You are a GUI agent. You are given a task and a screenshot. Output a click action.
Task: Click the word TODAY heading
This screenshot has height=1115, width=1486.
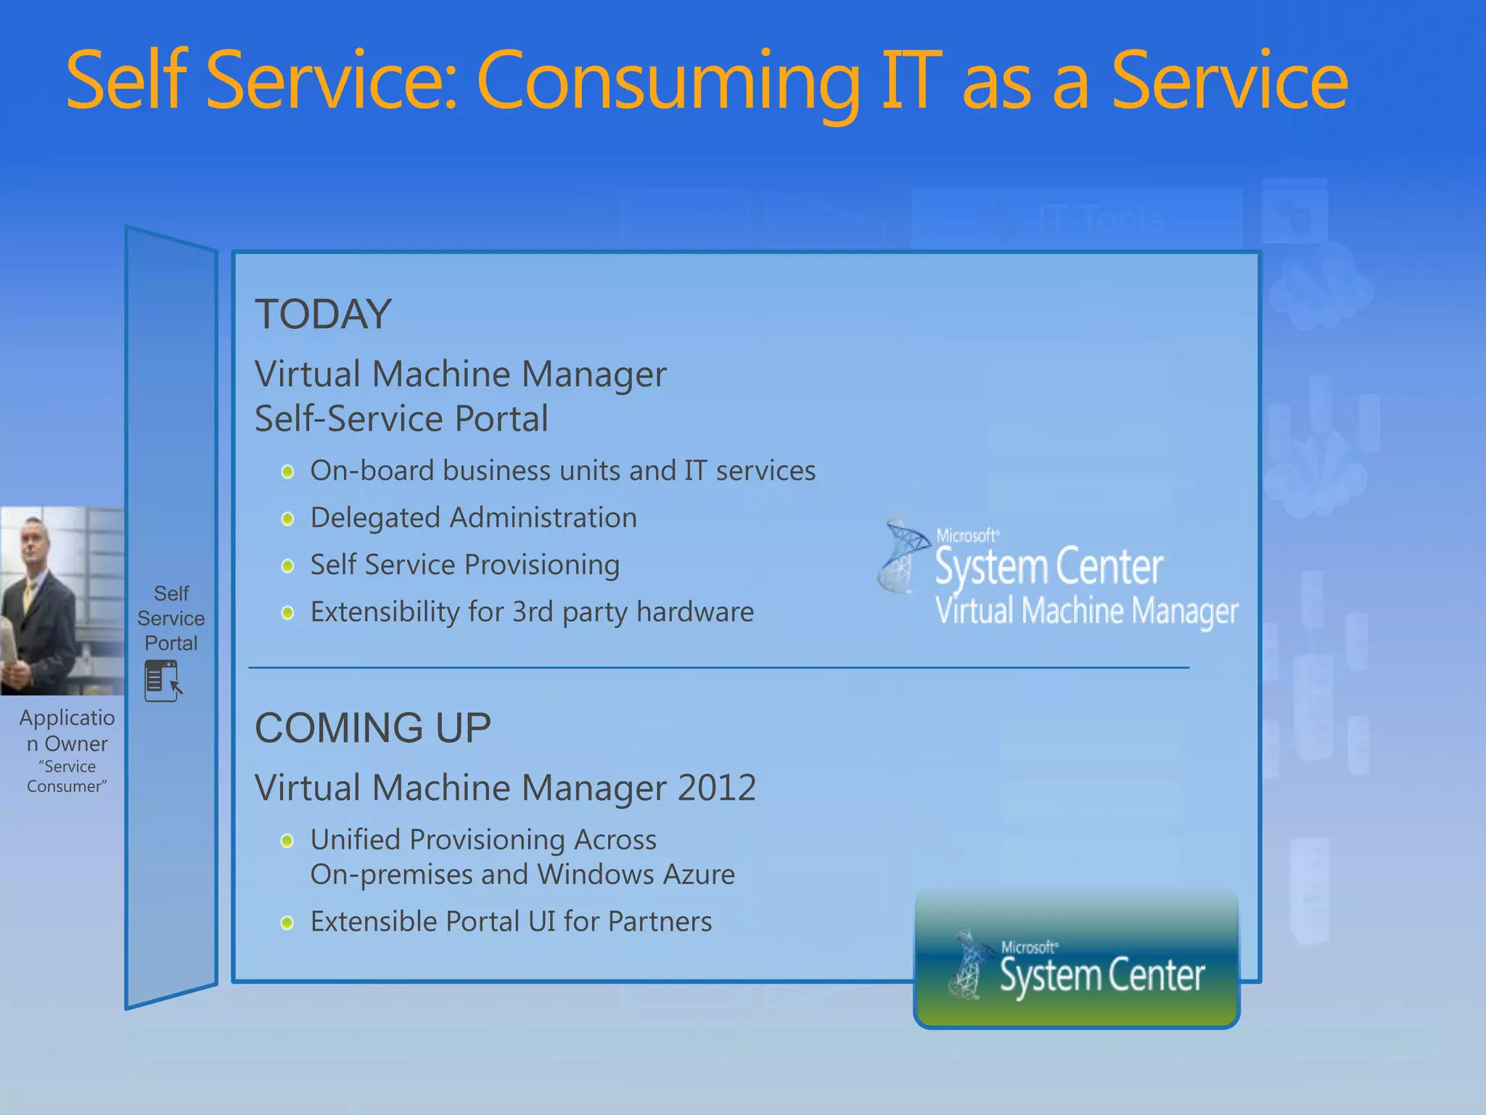pos(323,314)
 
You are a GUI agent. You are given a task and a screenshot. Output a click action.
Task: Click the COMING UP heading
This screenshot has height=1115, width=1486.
pos(373,727)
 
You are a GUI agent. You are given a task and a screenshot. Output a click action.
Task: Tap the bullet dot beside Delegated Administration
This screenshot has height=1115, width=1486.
pos(287,519)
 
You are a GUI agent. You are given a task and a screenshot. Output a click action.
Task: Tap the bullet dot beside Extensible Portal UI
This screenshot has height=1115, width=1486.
pos(287,923)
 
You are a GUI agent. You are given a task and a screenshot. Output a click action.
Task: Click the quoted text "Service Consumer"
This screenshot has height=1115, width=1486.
pos(67,777)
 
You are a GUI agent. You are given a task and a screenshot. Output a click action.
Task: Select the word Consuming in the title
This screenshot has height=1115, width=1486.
pos(668,81)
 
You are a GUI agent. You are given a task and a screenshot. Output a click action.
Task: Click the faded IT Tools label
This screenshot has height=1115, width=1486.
pos(1100,218)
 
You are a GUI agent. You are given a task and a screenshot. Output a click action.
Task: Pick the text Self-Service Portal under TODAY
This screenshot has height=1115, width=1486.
pos(401,419)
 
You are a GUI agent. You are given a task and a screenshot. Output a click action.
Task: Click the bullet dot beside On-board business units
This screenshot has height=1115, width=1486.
pos(287,472)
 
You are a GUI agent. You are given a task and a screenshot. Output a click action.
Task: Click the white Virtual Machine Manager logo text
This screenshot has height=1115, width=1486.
pos(1086,611)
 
